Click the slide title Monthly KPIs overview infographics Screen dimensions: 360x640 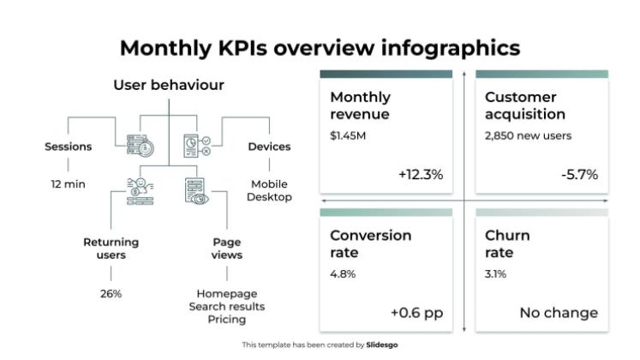pos(320,47)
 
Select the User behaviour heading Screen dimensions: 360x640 pos(169,85)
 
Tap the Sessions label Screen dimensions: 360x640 pos(68,147)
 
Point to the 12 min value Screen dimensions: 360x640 pos(68,183)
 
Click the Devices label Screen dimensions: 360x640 pos(269,147)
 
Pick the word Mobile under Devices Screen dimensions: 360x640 pos(269,183)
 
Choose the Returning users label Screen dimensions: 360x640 pos(111,249)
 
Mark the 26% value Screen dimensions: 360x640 pos(111,294)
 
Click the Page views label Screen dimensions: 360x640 pos(227,249)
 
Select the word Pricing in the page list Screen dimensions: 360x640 pos(227,320)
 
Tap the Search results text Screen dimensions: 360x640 pos(227,307)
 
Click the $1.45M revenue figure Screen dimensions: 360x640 pos(346,135)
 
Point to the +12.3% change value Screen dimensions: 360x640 pos(420,175)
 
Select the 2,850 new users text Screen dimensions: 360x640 pos(528,135)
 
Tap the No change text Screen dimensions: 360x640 pos(559,313)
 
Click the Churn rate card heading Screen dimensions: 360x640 pos(507,244)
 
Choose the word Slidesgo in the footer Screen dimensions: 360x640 pos(382,345)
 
